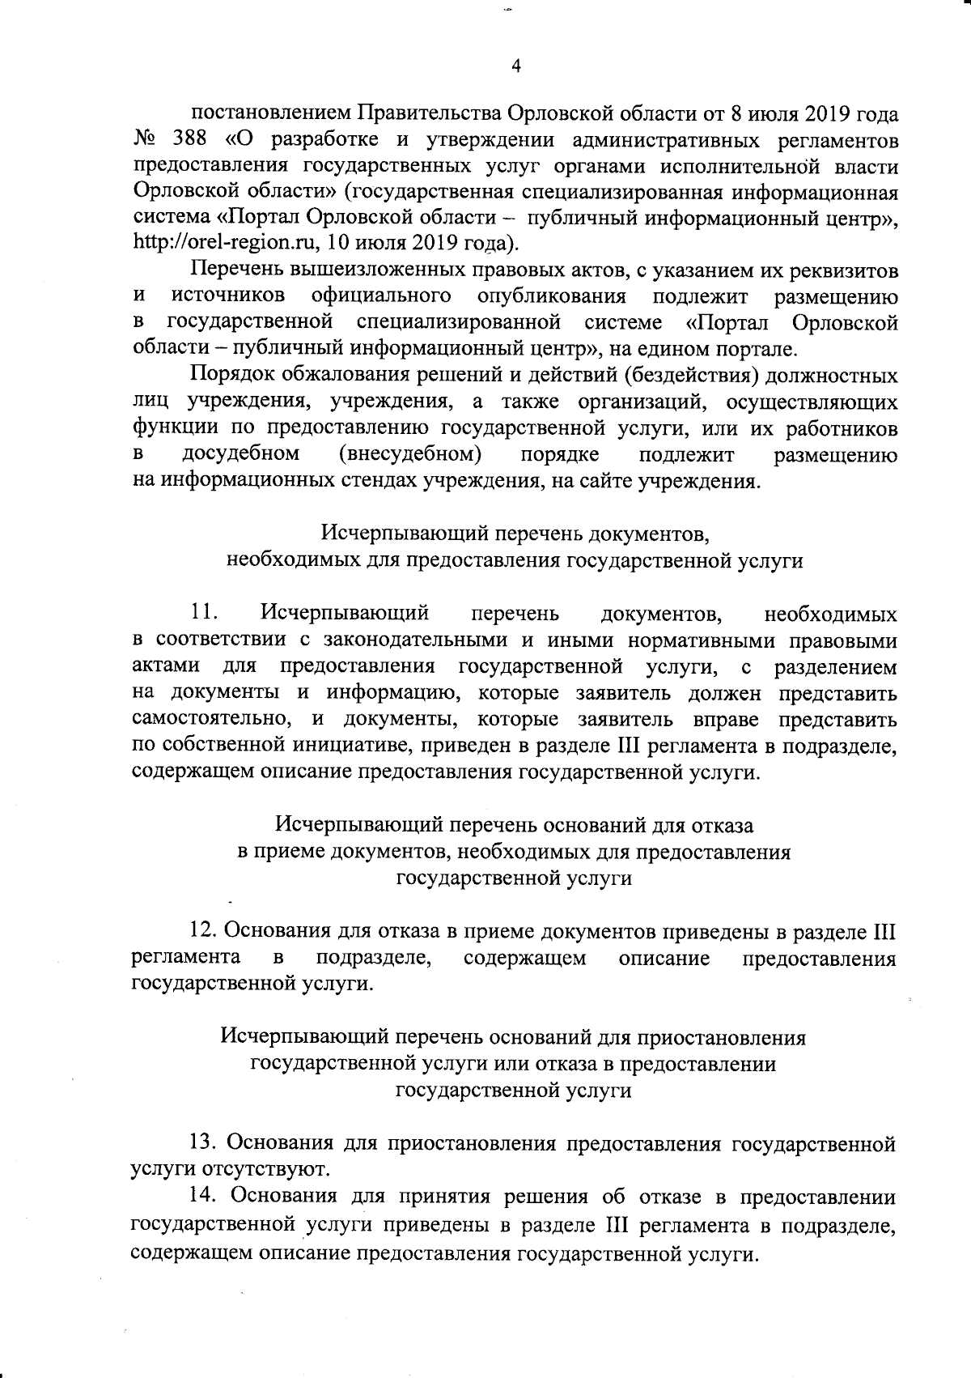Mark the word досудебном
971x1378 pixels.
(x=241, y=454)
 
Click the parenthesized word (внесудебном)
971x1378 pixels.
(x=411, y=454)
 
